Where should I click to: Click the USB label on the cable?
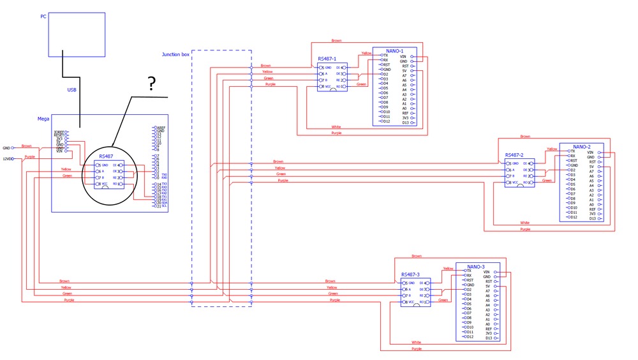[72, 90]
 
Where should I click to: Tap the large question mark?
[152, 84]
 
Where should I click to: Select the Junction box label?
[175, 55]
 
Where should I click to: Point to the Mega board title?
[43, 119]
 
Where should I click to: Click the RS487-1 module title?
[327, 59]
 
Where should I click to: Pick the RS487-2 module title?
[514, 155]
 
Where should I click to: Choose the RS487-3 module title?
[410, 274]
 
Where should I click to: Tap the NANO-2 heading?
[581, 147]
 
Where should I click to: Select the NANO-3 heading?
[476, 267]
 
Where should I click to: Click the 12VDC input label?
[8, 159]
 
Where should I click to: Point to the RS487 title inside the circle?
[106, 156]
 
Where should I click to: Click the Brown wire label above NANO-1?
[336, 41]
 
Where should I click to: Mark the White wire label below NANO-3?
[416, 343]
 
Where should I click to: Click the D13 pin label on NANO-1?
[405, 123]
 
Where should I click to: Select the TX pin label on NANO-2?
[572, 151]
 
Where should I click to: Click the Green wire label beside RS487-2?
[547, 181]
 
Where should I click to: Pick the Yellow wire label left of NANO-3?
[448, 269]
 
